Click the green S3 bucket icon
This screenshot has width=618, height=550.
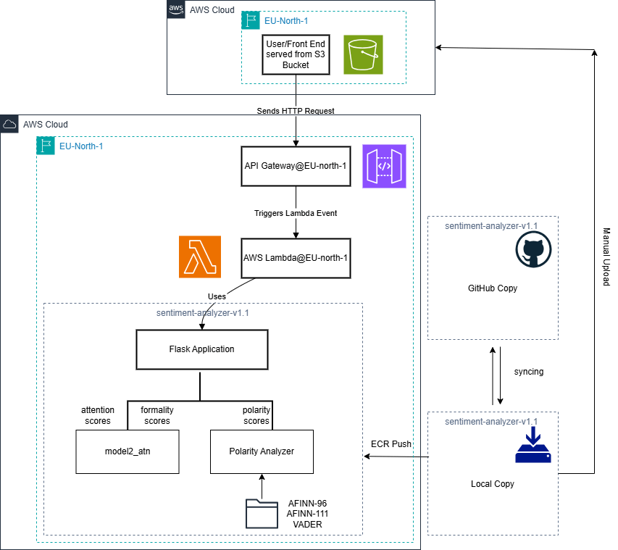(x=363, y=54)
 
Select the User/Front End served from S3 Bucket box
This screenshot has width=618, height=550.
(x=296, y=54)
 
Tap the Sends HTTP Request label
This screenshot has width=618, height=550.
(x=296, y=111)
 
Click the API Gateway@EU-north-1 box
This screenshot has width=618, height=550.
(x=296, y=166)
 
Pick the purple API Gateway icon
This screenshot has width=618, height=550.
(x=384, y=166)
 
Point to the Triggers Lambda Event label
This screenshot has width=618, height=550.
(x=296, y=214)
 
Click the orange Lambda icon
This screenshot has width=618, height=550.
(x=201, y=257)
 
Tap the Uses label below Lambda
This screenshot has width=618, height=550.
(x=217, y=296)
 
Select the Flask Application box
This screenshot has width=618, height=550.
(x=201, y=349)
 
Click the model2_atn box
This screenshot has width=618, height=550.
(x=127, y=451)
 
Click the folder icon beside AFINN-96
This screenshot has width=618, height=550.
(x=261, y=513)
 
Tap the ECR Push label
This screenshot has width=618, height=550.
(x=391, y=443)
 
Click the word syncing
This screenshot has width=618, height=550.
(x=528, y=372)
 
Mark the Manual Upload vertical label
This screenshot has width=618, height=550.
(x=606, y=258)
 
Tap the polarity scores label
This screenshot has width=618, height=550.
(x=256, y=415)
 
